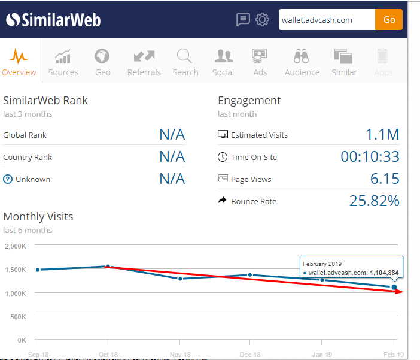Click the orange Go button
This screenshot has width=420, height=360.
(389, 20)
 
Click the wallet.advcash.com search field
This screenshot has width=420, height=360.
(327, 20)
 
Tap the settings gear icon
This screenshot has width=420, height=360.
(262, 20)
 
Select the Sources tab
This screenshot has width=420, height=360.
(63, 63)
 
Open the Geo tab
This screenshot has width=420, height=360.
(102, 63)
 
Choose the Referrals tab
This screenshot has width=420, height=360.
(144, 63)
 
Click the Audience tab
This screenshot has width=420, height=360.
(302, 63)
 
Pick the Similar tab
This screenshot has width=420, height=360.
(344, 63)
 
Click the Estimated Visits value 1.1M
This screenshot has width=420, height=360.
(382, 135)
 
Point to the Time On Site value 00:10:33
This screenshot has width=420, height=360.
(370, 157)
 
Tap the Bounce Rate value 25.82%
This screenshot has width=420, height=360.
(374, 201)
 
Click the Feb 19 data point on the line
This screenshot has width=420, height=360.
(394, 288)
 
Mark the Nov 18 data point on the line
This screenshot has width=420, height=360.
(179, 279)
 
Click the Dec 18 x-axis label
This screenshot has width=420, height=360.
(251, 355)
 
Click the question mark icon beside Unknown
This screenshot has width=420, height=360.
(8, 179)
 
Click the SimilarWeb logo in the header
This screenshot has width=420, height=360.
(54, 20)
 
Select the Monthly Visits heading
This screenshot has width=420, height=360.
(38, 216)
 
